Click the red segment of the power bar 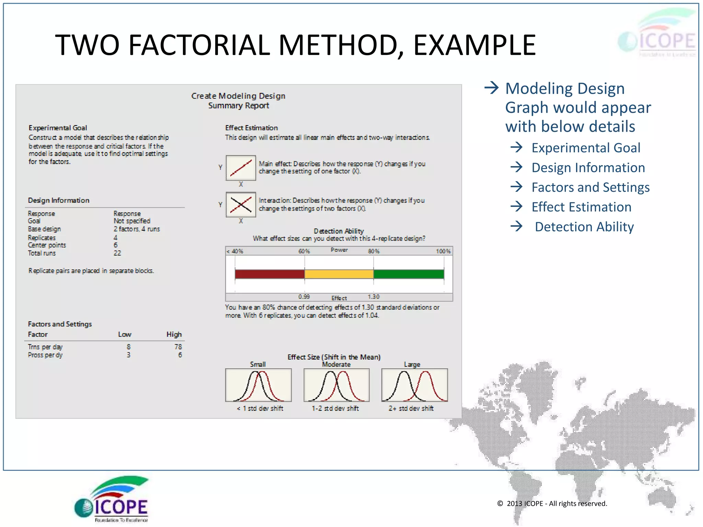269,274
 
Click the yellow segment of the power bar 339,274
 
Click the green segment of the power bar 408,274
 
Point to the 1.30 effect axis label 373,297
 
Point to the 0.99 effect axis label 304,297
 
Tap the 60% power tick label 304,251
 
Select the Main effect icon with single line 241,168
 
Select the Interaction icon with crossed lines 241,204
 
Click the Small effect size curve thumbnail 258,385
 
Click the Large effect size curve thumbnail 414,385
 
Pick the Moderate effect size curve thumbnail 336,385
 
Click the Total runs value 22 117,253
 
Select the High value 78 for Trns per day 178,347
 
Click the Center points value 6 116,245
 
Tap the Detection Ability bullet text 584,227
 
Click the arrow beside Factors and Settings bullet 516,187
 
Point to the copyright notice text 552,503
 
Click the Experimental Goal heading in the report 58,128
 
